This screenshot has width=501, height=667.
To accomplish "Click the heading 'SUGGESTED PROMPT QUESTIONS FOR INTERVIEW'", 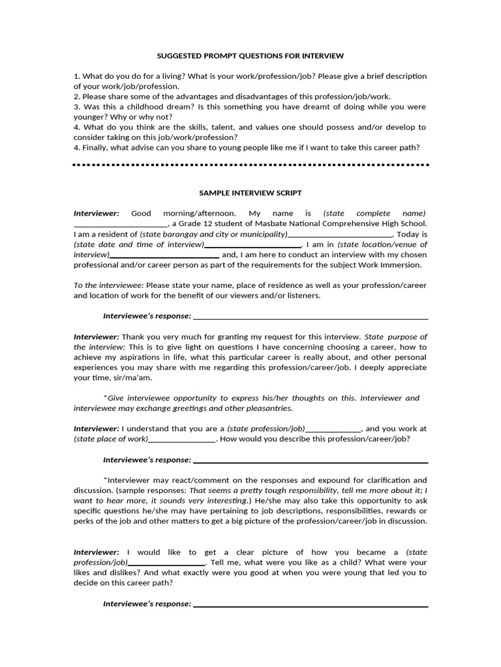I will (x=250, y=56).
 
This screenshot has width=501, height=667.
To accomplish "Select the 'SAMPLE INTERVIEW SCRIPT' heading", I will (x=250, y=193).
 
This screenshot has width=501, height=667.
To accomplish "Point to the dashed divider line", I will (x=250, y=165).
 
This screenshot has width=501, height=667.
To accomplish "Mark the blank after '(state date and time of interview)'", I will (x=254, y=244).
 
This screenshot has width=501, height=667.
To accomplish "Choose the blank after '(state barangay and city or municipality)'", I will (x=340, y=234).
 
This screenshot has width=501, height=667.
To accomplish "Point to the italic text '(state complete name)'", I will (x=374, y=213).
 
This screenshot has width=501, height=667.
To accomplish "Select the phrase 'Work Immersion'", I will (x=393, y=264).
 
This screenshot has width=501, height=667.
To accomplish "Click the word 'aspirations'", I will (x=143, y=357).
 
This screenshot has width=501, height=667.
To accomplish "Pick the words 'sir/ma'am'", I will (x=134, y=377).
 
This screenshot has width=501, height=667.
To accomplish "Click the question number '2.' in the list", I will (x=77, y=96).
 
